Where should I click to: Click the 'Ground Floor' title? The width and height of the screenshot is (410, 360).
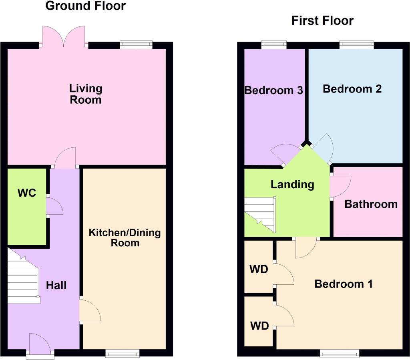(x=85, y=6)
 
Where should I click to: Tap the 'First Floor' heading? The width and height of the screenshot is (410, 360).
(x=322, y=20)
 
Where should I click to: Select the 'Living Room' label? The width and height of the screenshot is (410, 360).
(x=86, y=94)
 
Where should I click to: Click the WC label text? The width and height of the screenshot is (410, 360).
(x=27, y=193)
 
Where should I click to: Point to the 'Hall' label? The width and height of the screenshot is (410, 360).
(x=56, y=286)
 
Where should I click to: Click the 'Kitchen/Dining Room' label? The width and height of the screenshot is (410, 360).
(x=125, y=237)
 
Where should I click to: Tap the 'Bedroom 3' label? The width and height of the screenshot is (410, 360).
(x=273, y=91)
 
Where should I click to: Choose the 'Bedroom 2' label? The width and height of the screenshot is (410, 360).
(x=352, y=89)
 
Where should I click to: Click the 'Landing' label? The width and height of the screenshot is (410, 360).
(x=292, y=185)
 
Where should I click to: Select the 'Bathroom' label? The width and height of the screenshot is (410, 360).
(x=371, y=204)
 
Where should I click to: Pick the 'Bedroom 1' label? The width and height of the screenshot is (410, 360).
(x=344, y=284)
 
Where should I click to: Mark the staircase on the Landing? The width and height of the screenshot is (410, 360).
(x=261, y=214)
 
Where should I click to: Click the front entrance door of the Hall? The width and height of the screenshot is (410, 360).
(x=40, y=344)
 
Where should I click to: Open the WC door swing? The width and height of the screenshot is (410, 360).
(x=54, y=207)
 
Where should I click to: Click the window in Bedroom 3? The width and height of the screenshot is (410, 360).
(x=274, y=44)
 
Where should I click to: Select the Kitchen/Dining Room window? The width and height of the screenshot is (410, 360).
(x=123, y=353)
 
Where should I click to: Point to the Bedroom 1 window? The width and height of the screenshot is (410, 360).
(x=340, y=353)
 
